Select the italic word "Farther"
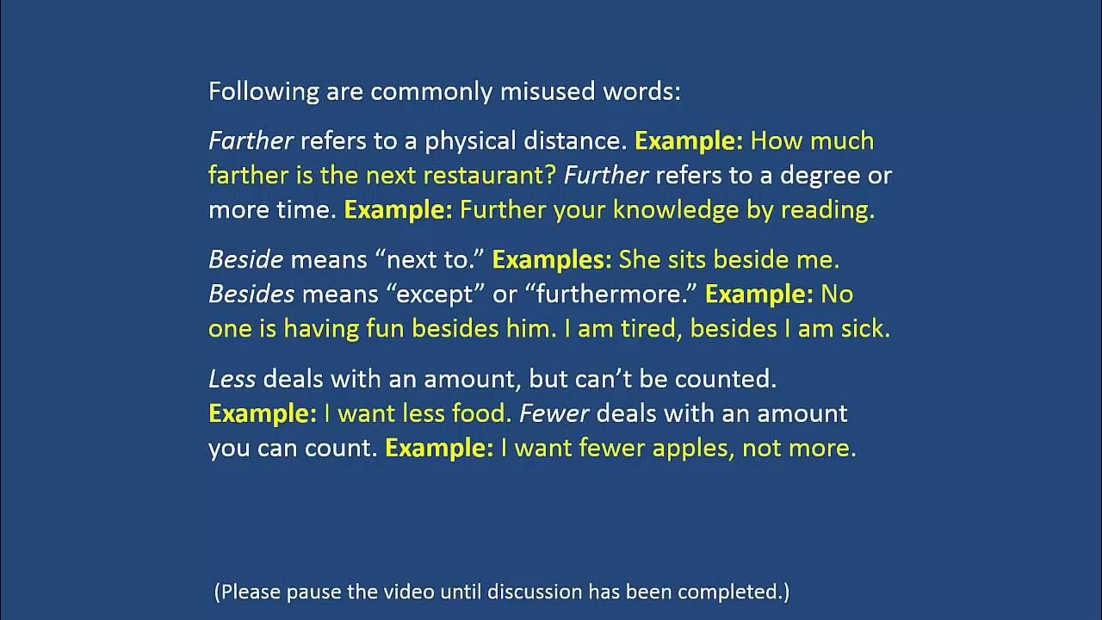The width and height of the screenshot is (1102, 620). click(251, 140)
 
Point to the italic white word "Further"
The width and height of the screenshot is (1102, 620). click(605, 176)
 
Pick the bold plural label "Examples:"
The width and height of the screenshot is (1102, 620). click(551, 259)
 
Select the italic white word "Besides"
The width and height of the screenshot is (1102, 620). click(251, 294)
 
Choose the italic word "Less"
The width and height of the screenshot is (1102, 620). click(232, 378)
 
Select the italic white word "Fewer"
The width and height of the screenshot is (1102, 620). click(554, 413)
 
